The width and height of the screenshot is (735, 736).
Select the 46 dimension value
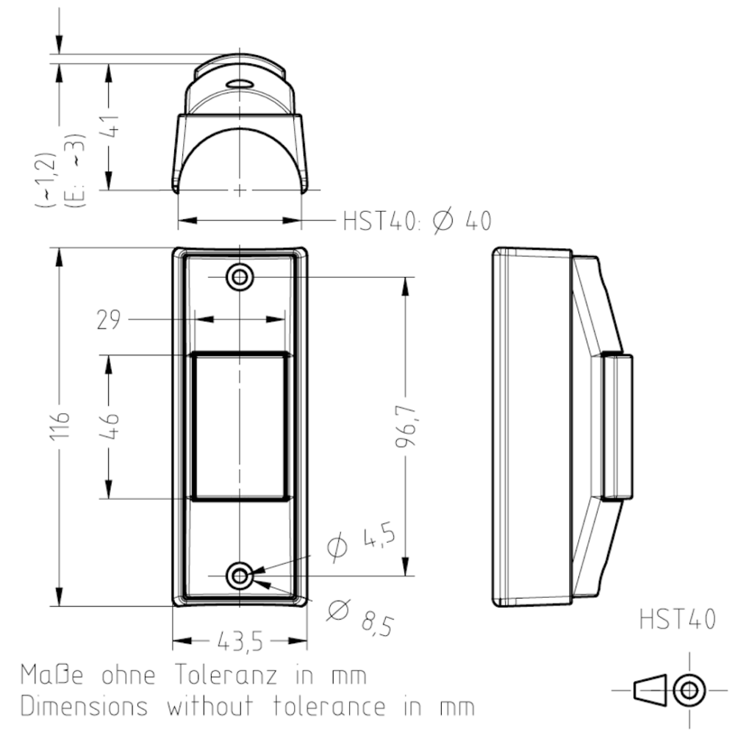coord(109,426)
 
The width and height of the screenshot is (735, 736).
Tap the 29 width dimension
coord(109,320)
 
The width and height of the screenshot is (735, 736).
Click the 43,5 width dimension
coord(240,642)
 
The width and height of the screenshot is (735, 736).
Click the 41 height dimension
coord(109,126)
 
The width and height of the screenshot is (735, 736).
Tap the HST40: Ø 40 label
coord(417,221)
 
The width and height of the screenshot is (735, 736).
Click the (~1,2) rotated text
coord(46,179)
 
